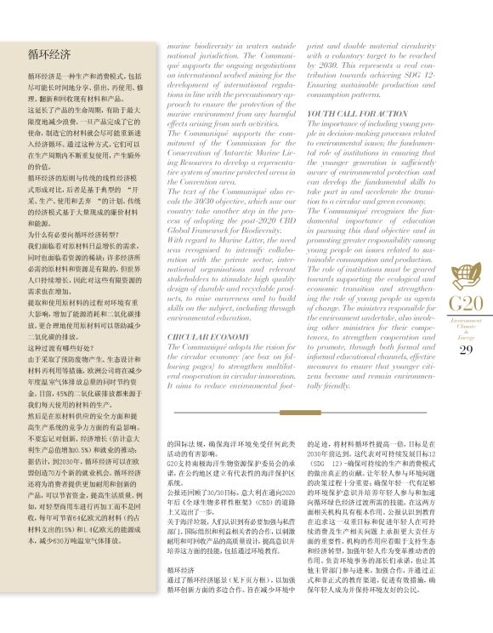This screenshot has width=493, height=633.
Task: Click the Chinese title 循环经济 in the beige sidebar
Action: [48, 55]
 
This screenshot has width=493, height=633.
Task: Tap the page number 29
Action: [466, 351]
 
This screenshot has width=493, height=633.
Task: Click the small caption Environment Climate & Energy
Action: [466, 329]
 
